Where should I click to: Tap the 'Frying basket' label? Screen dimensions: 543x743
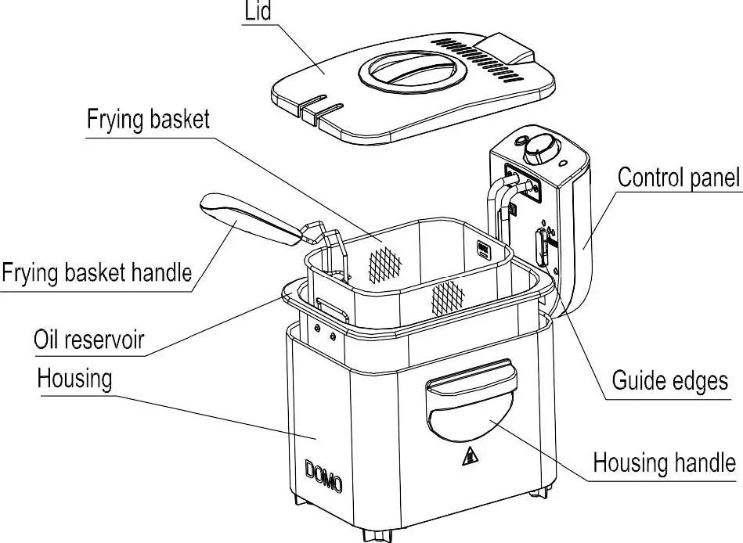pos(148,120)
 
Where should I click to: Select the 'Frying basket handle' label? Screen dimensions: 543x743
pos(96,273)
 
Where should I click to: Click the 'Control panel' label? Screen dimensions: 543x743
pos(678,177)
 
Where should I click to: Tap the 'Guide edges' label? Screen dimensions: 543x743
pos(669,381)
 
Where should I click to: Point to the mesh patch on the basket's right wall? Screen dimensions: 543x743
pos(449,296)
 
